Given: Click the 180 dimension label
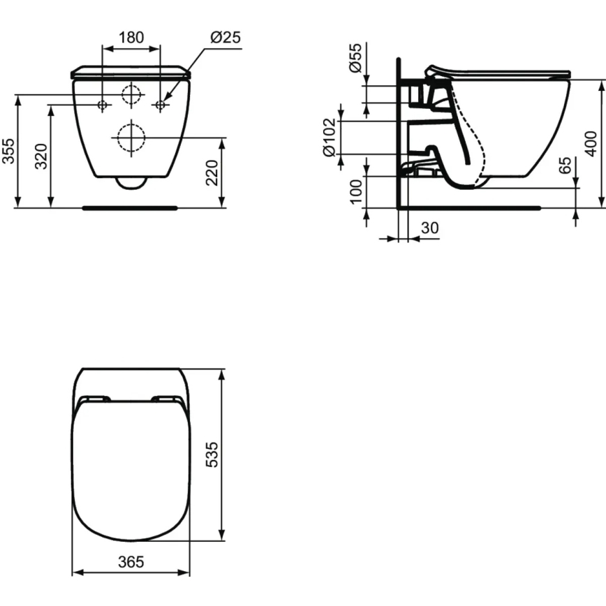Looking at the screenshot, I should pos(131,38).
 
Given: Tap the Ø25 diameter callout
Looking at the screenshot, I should pos(225,38).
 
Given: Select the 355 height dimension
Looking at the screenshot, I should pos(8,151).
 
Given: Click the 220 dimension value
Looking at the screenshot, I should pos(212,172).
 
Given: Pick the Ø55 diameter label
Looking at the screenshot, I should pos(355,58).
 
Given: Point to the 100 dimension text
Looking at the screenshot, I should pos(355,192).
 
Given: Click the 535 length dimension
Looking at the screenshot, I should pos(212,454).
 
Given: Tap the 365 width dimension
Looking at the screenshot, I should pos(131,562).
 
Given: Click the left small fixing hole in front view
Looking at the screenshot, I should pos(102,105).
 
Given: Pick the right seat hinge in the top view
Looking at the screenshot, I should pos(166,399).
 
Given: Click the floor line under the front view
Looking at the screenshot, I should pos(131,207).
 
